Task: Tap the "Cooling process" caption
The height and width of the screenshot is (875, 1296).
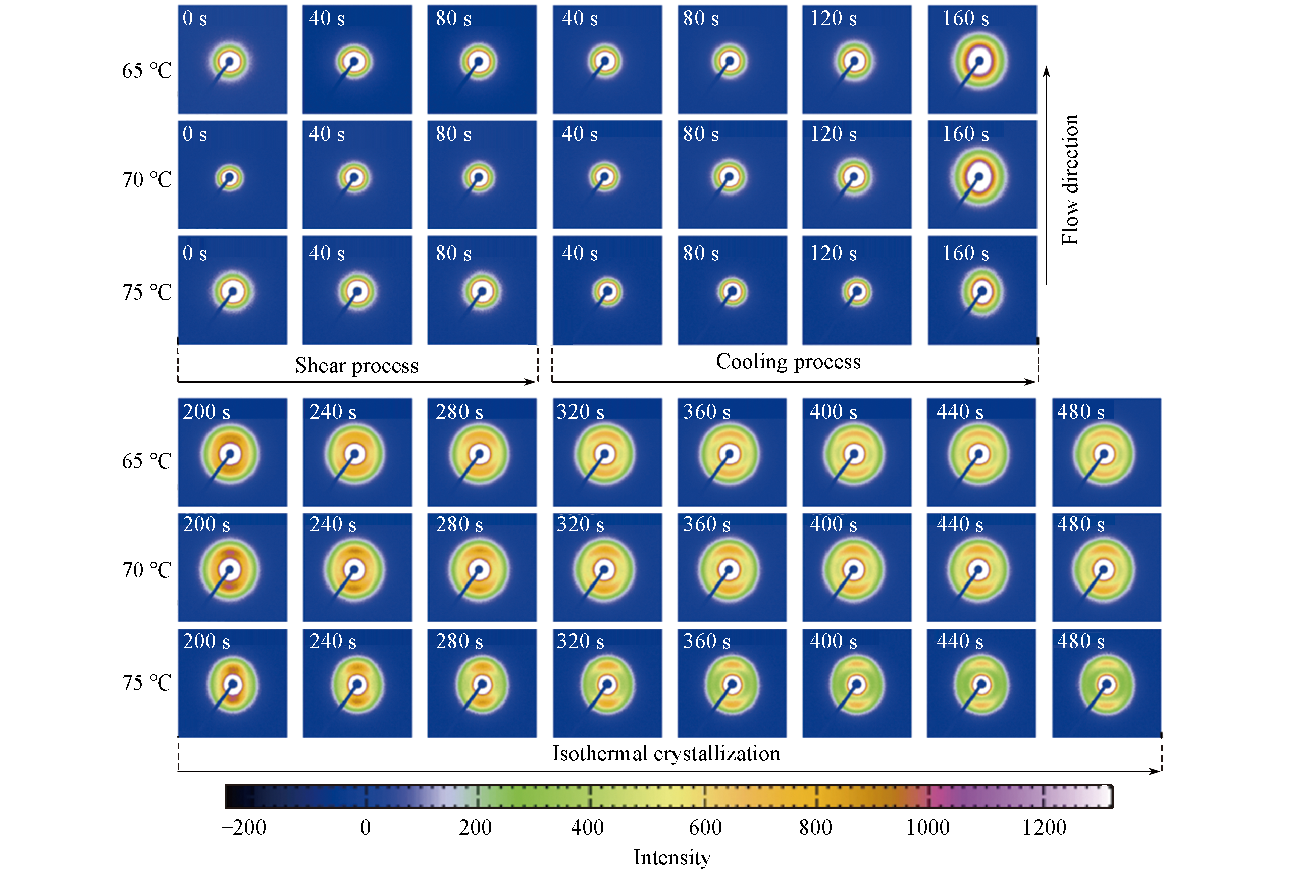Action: [x=788, y=361]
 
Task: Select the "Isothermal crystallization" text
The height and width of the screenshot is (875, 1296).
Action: [x=666, y=753]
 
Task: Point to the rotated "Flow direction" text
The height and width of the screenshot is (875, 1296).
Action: [x=1070, y=180]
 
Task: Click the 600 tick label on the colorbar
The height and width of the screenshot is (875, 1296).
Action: [x=705, y=827]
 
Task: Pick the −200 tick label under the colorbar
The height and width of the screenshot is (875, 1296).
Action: [x=244, y=827]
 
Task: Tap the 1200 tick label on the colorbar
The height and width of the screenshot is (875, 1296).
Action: [x=1044, y=827]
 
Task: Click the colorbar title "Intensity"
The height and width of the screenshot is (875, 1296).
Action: [x=672, y=857]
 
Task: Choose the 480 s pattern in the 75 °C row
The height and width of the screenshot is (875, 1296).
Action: [x=1106, y=684]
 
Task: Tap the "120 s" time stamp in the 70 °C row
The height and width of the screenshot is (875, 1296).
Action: [x=833, y=134]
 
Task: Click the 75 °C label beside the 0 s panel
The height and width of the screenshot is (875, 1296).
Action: [x=146, y=293]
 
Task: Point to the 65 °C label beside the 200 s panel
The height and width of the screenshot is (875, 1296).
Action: [x=146, y=461]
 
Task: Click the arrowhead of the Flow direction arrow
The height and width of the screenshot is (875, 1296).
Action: [x=1046, y=71]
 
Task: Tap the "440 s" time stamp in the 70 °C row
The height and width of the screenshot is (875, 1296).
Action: [x=960, y=524]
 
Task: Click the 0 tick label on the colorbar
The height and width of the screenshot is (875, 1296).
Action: [x=365, y=827]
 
